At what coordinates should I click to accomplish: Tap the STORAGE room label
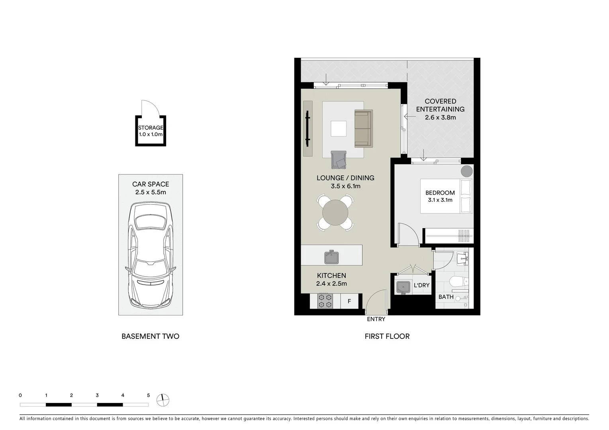(151, 128)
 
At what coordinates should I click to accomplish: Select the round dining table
(335, 213)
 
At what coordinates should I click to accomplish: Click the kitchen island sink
(331, 257)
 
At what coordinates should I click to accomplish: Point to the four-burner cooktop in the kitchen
(325, 301)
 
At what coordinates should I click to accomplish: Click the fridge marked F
(349, 301)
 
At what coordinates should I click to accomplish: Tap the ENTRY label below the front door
(376, 319)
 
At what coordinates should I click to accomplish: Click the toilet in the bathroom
(458, 282)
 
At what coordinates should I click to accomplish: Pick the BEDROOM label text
(440, 193)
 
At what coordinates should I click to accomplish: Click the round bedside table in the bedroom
(466, 171)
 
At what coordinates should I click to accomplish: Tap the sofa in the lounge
(363, 129)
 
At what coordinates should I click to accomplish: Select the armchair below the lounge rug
(339, 160)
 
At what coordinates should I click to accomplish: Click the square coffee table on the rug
(339, 129)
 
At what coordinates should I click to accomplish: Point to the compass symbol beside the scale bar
(163, 400)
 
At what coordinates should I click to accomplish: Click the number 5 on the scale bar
(148, 395)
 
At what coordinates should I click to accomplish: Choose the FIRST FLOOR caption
(387, 336)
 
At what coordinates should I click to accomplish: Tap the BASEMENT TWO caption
(150, 336)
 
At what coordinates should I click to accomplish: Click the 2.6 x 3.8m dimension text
(440, 117)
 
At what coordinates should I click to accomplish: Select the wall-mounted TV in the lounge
(307, 129)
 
